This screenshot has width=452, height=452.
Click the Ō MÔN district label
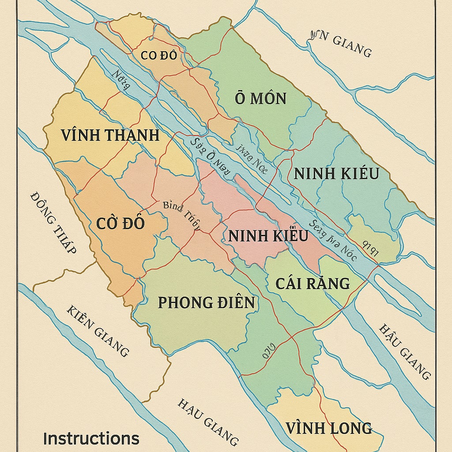pyautogui.click(x=260, y=98)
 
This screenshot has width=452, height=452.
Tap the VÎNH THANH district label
pyautogui.click(x=110, y=135)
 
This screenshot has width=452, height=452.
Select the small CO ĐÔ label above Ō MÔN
pyautogui.click(x=159, y=56)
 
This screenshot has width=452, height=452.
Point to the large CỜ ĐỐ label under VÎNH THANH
pyautogui.click(x=120, y=223)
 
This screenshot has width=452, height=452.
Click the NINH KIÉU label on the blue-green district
pyautogui.click(x=336, y=173)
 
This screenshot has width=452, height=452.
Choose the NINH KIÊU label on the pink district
pyautogui.click(x=268, y=236)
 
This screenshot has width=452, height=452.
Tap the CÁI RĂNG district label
pyautogui.click(x=313, y=283)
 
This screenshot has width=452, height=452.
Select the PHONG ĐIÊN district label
pyautogui.click(x=206, y=303)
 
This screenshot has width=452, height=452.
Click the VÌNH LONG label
pyautogui.click(x=328, y=428)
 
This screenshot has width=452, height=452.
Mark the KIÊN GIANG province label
pyautogui.click(x=98, y=331)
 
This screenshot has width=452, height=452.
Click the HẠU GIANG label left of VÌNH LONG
pyautogui.click(x=208, y=422)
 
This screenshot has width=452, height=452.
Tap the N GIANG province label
pyautogui.click(x=340, y=45)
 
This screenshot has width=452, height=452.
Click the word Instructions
pyautogui.click(x=91, y=439)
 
